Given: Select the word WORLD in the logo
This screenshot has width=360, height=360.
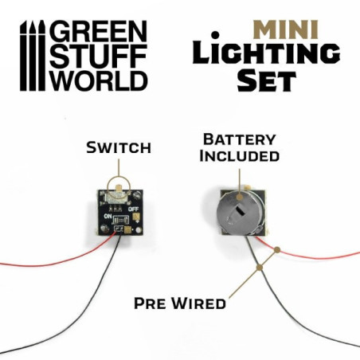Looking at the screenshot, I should click(97, 80).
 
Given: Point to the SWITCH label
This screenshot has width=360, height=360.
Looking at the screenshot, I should click(119, 148).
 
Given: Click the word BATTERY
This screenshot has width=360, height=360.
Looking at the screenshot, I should click(240, 139).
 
